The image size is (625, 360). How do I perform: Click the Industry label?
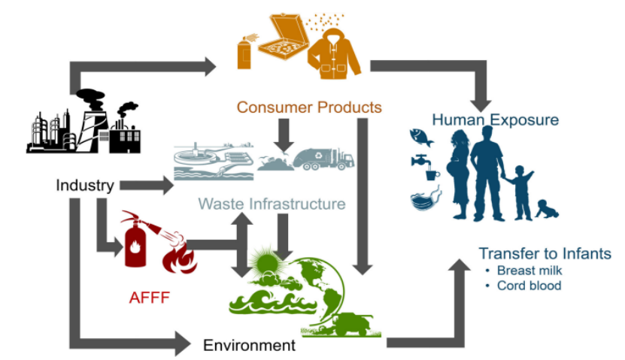tap(85, 185)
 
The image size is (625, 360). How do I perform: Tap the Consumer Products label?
tap(309, 107)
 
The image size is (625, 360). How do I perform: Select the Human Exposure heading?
tap(496, 119)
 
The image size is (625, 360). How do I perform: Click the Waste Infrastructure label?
tap(272, 204)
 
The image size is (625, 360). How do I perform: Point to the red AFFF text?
tap(149, 298)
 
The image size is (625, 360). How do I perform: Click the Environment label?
tap(249, 346)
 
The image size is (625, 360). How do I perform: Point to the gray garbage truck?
tap(324, 158)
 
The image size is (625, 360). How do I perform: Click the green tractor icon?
tap(353, 325)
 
